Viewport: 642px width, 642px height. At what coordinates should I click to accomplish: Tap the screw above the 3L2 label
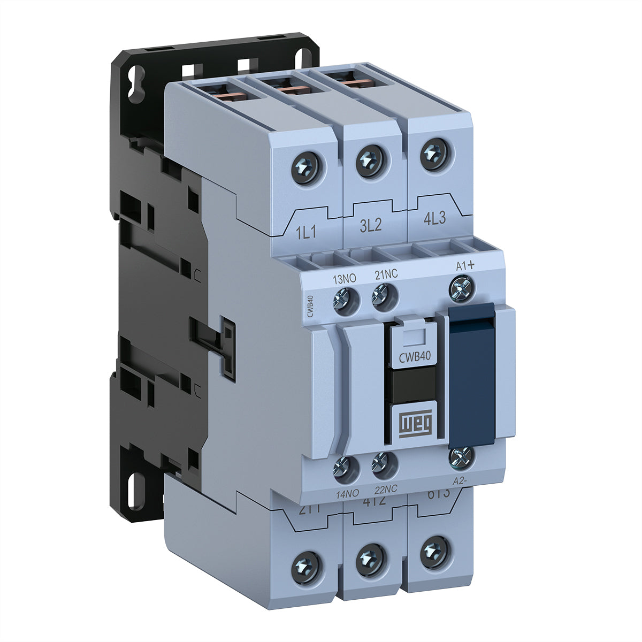[370, 158]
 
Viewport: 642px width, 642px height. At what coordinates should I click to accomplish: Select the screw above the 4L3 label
[433, 152]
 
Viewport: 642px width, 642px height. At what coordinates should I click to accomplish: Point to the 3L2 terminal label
[370, 225]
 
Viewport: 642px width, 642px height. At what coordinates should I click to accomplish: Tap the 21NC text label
[386, 275]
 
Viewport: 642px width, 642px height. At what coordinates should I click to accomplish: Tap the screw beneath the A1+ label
[462, 288]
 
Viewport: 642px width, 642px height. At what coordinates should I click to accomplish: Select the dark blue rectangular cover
[471, 374]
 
